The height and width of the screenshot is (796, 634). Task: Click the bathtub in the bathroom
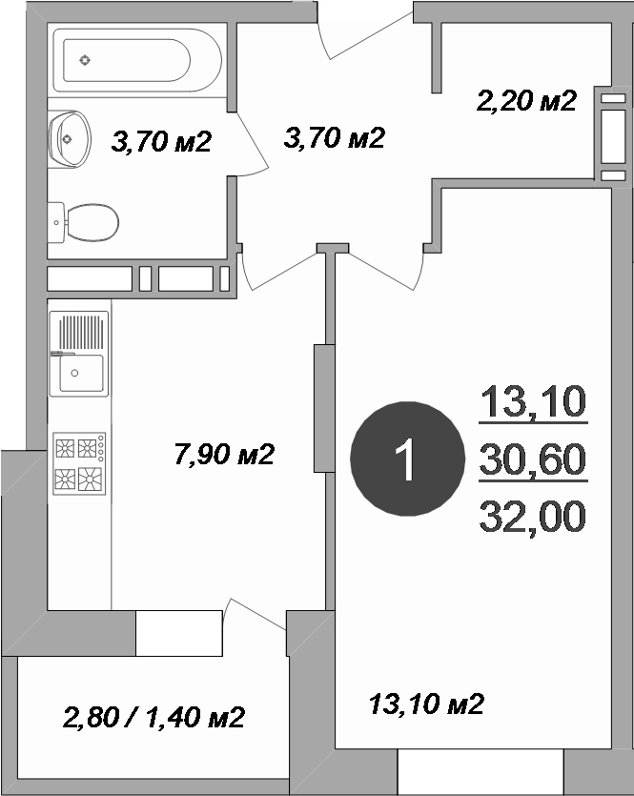pos(137,60)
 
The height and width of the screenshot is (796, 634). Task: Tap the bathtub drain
pos(85,60)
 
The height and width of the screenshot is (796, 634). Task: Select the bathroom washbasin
pos(70,138)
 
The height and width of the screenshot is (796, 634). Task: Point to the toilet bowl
pos(92,222)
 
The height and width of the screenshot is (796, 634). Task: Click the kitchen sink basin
pos(81,373)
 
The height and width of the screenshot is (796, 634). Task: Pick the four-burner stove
pos(80,463)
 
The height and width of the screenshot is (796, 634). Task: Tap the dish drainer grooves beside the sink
pos(81,332)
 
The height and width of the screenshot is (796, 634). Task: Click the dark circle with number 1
pos(408,459)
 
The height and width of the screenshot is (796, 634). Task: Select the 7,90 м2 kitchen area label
pos(224,454)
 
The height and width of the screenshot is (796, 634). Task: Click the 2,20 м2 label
pos(526,100)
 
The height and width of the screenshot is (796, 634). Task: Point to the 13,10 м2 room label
pos(426,704)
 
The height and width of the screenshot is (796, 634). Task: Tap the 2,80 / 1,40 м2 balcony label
pos(153,717)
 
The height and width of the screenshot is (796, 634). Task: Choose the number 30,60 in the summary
pos(533,459)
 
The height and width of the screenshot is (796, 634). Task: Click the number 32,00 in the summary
pos(533,516)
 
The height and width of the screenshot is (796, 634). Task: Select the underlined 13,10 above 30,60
pos(533,401)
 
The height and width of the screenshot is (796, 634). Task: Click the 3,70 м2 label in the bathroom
pos(161,141)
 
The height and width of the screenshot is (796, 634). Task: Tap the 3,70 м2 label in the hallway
pos(335,137)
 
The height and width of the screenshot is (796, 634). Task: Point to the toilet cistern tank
pos(56,222)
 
